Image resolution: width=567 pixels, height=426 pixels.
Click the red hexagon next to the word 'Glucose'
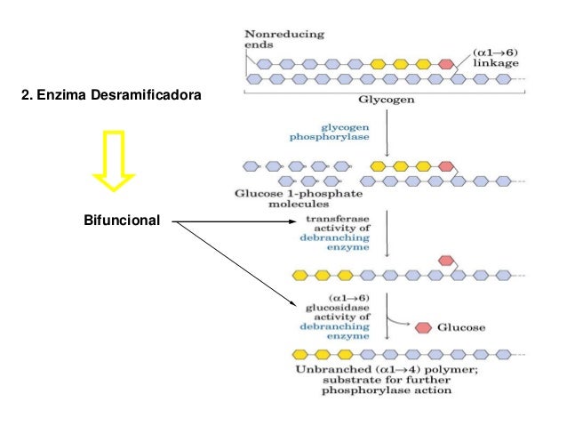(x=424, y=327)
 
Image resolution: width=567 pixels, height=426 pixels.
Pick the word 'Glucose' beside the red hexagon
(x=460, y=327)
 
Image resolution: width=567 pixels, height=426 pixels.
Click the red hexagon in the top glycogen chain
(x=445, y=64)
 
